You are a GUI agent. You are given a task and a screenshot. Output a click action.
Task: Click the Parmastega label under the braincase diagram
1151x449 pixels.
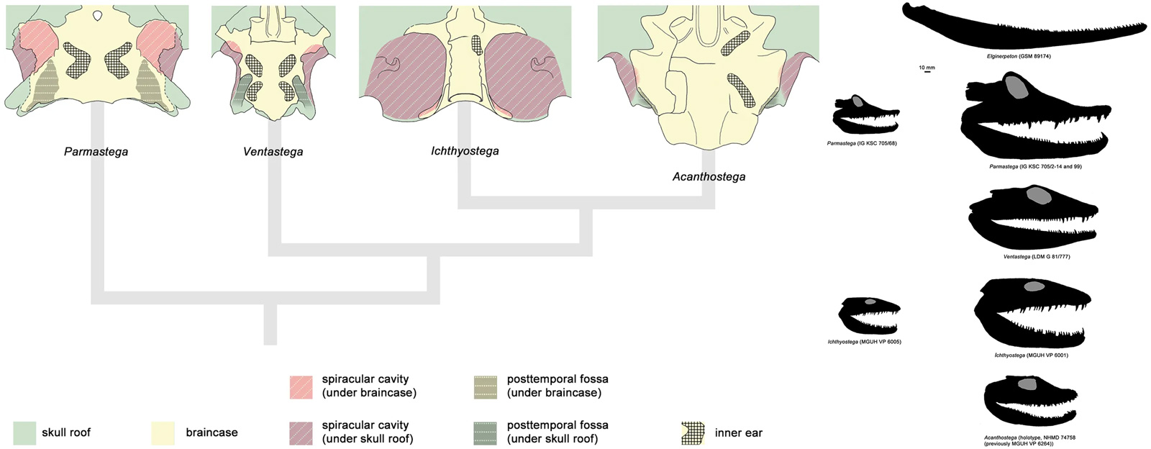coord(96,152)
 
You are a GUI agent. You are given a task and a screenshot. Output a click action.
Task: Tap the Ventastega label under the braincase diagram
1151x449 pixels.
coord(273,152)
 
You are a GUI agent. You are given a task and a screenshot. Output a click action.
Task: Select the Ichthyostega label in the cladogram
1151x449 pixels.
coord(464,151)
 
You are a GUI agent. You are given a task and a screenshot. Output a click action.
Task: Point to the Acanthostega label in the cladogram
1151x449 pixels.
coord(709,176)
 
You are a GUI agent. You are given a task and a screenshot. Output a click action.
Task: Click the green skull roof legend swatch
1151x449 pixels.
coord(24,432)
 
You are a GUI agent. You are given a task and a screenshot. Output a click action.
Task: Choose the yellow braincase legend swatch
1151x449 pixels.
coord(163,432)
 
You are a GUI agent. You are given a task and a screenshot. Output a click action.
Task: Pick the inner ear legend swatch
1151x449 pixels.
coord(692,432)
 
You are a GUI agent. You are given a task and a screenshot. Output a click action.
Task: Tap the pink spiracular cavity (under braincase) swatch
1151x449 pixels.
coord(300,386)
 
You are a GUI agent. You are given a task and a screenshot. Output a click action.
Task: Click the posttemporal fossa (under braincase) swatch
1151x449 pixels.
coord(486,386)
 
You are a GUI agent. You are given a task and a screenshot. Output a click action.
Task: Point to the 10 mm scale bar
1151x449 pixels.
coord(927,71)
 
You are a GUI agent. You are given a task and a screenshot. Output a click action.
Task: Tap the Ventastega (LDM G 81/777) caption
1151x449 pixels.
coord(1036,256)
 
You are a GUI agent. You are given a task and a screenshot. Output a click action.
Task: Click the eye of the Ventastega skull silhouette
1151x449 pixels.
coord(1038,194)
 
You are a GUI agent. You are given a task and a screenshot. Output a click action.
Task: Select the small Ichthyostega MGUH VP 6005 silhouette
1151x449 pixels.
coord(869,315)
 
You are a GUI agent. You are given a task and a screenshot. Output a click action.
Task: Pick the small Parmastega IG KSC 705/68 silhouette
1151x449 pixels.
coord(865,115)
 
